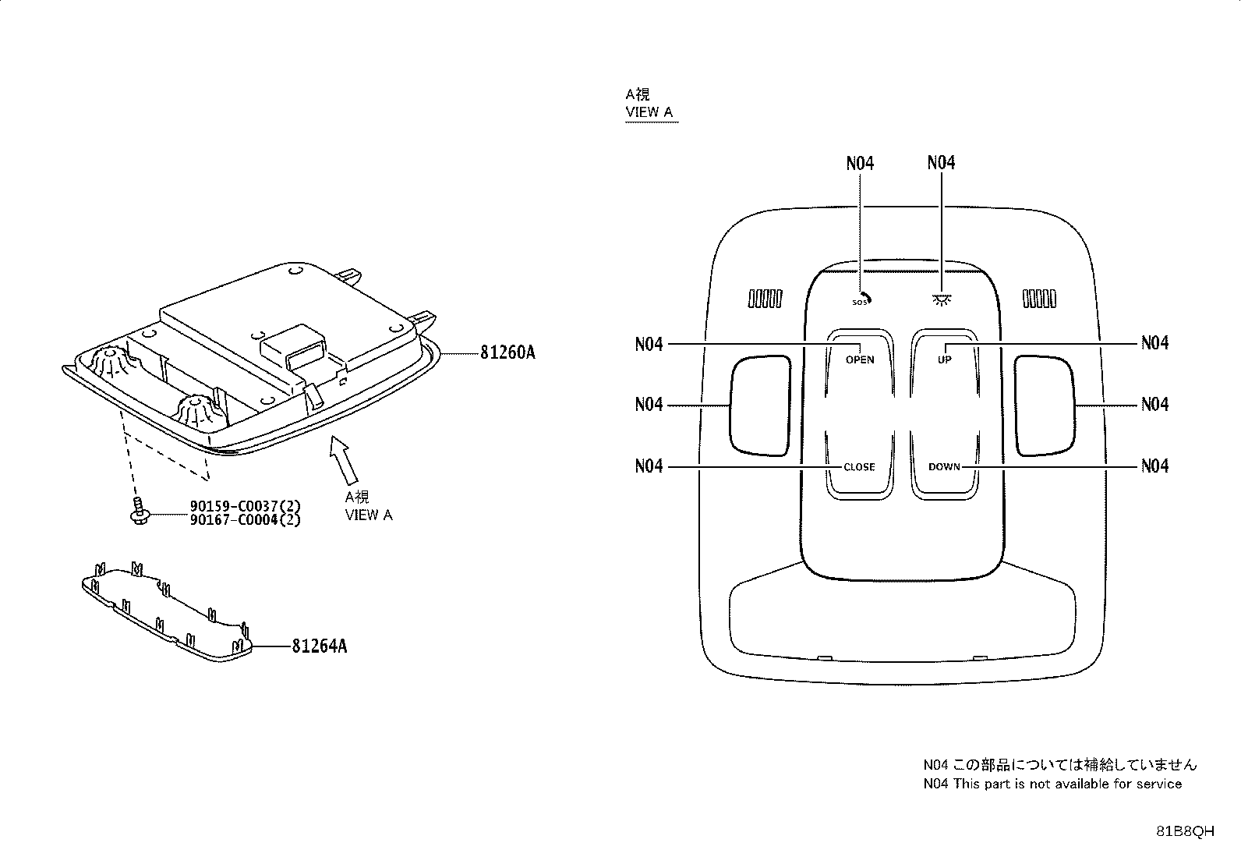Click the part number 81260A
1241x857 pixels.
point(507,352)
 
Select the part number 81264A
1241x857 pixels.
point(319,646)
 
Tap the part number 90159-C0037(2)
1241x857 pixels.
point(245,505)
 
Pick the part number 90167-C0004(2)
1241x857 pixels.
point(245,520)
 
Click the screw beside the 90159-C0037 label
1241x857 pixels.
point(139,511)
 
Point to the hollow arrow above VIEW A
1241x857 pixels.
point(344,459)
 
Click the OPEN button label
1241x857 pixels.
point(860,359)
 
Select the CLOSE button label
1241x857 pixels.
point(859,467)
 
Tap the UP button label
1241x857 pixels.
point(945,359)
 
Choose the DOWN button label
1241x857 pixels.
point(944,467)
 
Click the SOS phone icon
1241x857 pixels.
point(861,299)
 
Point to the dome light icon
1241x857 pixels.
point(942,300)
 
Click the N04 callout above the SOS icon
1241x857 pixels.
point(860,164)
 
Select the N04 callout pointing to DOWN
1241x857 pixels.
point(1154,466)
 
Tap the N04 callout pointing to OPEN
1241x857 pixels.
point(649,344)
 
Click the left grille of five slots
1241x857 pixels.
point(765,299)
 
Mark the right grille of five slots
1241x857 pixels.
point(1039,299)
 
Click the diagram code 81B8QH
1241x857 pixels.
point(1185,831)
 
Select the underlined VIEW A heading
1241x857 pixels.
point(649,112)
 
